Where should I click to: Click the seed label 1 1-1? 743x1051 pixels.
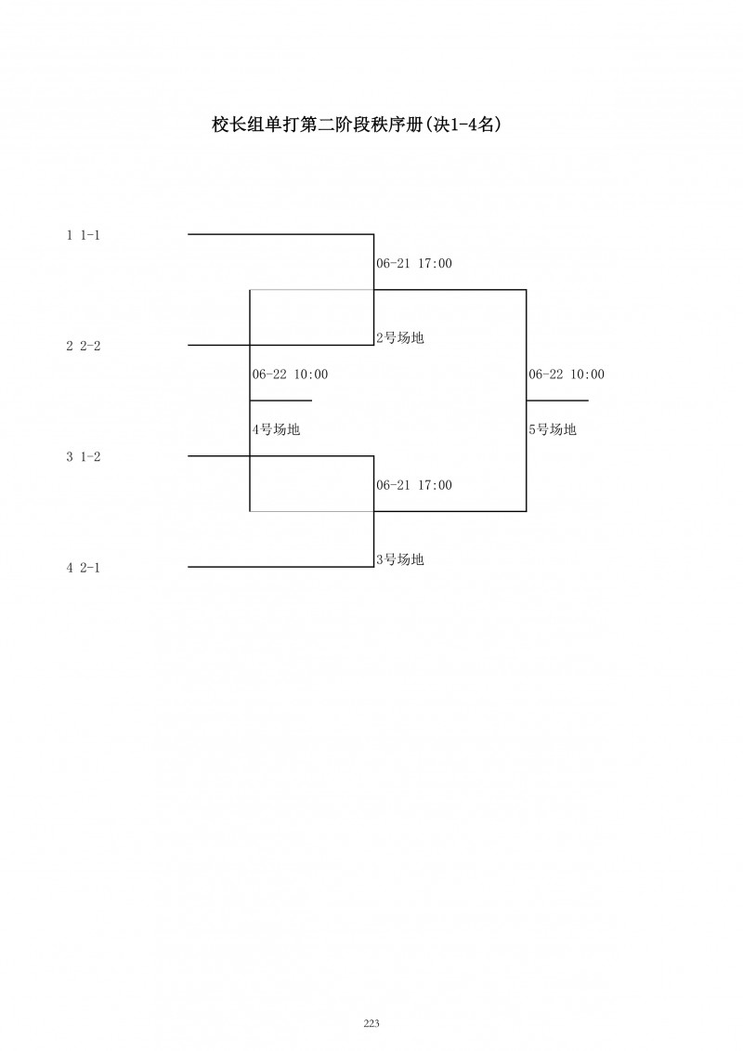coord(83,235)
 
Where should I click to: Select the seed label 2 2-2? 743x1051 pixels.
coord(83,346)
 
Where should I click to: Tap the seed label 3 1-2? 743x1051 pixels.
coord(83,456)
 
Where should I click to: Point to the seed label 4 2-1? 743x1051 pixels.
coord(83,567)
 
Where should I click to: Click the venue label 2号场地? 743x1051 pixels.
coord(399,338)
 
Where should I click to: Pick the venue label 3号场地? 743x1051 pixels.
coord(399,559)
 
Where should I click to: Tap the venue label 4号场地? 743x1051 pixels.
coord(276,429)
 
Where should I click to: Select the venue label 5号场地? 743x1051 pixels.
coord(553,429)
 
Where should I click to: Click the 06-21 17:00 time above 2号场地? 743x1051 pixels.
coord(413,264)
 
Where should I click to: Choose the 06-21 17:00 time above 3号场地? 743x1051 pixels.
coord(413,485)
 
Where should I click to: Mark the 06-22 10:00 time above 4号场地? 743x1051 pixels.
coord(290,374)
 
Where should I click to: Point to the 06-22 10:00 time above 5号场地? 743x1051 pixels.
coord(567,374)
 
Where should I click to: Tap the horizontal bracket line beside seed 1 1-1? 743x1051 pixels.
coord(279,234)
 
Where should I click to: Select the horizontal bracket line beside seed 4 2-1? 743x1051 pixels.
coord(279,567)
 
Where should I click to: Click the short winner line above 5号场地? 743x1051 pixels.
coord(557,401)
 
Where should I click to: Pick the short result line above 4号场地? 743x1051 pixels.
coord(280,401)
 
